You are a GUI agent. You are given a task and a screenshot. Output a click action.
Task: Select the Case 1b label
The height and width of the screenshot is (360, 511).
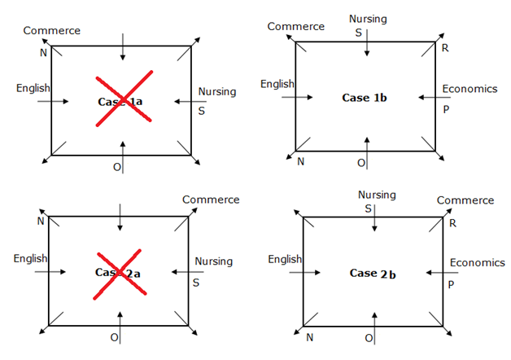coord(364,98)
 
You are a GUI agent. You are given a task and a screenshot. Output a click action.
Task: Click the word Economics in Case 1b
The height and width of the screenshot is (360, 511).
coord(470,89)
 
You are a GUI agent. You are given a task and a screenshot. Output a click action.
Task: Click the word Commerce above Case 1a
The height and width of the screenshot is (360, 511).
coord(52,31)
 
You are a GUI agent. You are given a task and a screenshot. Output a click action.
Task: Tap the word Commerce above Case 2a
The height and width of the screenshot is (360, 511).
coord(211,200)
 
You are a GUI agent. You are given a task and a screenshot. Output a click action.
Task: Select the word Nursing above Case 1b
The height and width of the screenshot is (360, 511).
coord(367,18)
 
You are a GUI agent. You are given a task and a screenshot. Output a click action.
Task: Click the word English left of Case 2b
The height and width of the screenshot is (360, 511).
coord(285,259)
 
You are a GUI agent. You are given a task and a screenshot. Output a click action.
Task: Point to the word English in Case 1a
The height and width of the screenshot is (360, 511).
coord(33,88)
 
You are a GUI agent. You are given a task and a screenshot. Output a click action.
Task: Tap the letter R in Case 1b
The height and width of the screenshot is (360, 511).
coord(445,48)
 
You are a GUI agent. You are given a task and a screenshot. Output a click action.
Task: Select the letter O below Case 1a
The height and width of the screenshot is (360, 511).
coord(116,166)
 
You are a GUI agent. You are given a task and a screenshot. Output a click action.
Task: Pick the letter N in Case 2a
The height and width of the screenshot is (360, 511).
coord(41,221)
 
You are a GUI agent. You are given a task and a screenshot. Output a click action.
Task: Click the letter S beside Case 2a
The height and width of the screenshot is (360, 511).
coord(195,283)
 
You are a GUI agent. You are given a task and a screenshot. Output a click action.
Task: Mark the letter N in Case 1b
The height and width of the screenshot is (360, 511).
coord(300,162)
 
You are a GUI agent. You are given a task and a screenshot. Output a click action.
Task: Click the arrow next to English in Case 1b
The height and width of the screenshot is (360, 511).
coord(297,97)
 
